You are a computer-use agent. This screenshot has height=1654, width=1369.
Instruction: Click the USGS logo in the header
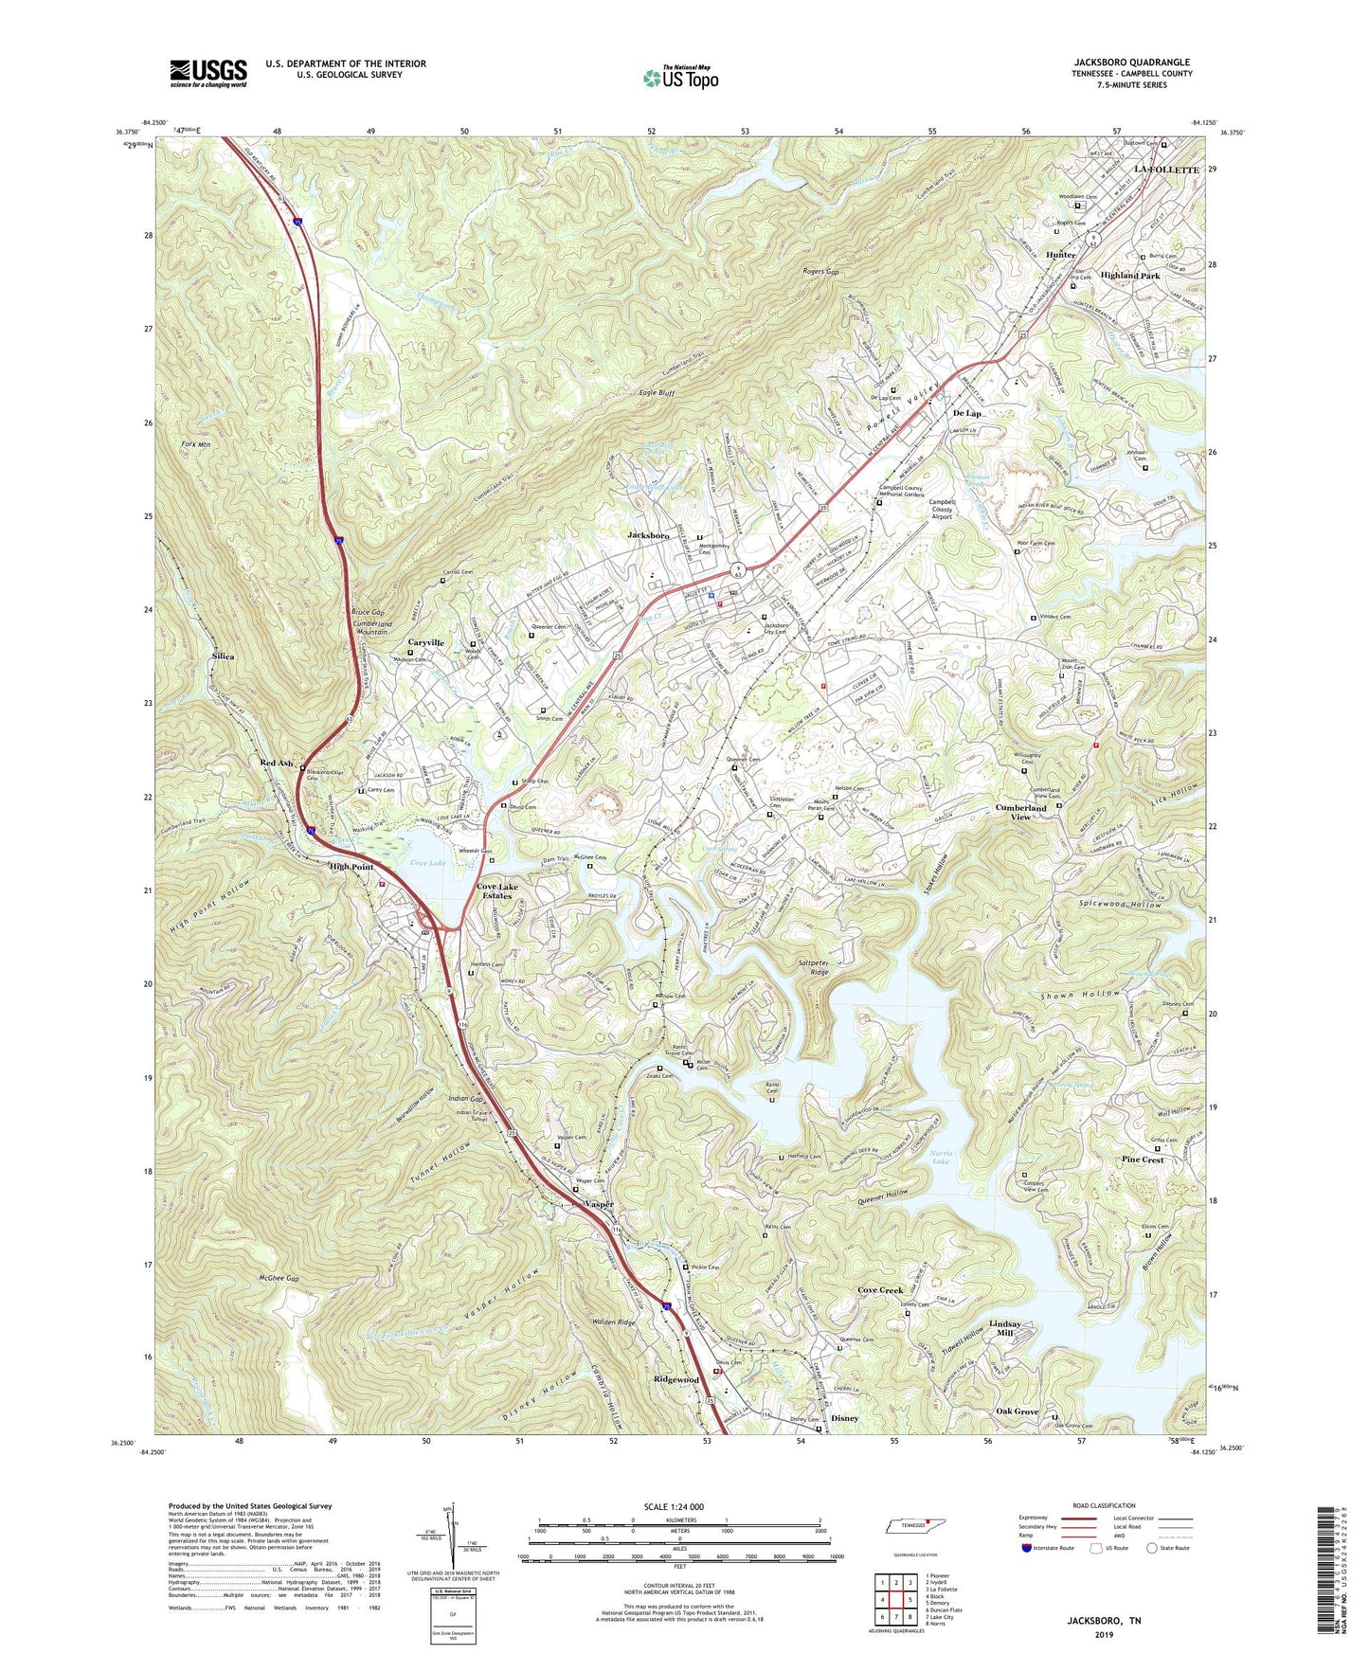[x=207, y=72]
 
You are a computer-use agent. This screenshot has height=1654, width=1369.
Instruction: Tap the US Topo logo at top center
[x=680, y=78]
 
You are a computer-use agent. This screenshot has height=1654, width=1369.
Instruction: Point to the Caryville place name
[x=426, y=642]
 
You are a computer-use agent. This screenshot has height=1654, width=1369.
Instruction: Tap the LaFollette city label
[x=1166, y=169]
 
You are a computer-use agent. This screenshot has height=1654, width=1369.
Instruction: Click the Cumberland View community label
[x=1020, y=812]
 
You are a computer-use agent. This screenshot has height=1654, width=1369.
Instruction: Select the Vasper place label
[x=599, y=1204]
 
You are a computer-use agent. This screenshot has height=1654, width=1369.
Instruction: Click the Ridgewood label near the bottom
[x=675, y=1380]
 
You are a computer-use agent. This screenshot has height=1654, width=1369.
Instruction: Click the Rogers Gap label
[x=820, y=272]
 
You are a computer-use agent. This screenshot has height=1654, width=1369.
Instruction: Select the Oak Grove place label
[x=1016, y=1411]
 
